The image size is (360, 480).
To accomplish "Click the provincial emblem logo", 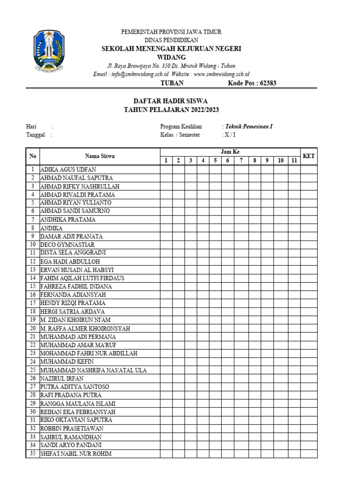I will pyautogui.click(x=49, y=51).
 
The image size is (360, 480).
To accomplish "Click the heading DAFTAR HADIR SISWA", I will pyautogui.click(x=171, y=101).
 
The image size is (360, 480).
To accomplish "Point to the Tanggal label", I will pyautogui.click(x=35, y=135).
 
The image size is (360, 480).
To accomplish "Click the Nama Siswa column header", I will pyautogui.click(x=99, y=156).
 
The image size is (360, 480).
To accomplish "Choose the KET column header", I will pyautogui.click(x=308, y=156).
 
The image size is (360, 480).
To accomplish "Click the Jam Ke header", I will pyautogui.click(x=230, y=152).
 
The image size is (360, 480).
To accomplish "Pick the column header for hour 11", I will pyautogui.click(x=294, y=160).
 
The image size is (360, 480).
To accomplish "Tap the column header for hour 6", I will pyautogui.click(x=227, y=160).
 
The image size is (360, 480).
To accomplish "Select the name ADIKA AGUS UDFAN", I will pyautogui.click(x=69, y=169).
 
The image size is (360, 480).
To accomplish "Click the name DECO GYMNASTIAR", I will pyautogui.click(x=67, y=245).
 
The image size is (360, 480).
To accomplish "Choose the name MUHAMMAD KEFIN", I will pyautogui.click(x=67, y=362).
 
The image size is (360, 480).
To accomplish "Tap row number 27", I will pyautogui.click(x=33, y=387).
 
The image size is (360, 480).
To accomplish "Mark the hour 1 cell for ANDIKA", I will pyautogui.click(x=166, y=228).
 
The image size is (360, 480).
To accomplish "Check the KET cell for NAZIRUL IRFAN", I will pyautogui.click(x=308, y=378).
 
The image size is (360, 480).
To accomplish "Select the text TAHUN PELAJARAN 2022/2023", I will pyautogui.click(x=171, y=110).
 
